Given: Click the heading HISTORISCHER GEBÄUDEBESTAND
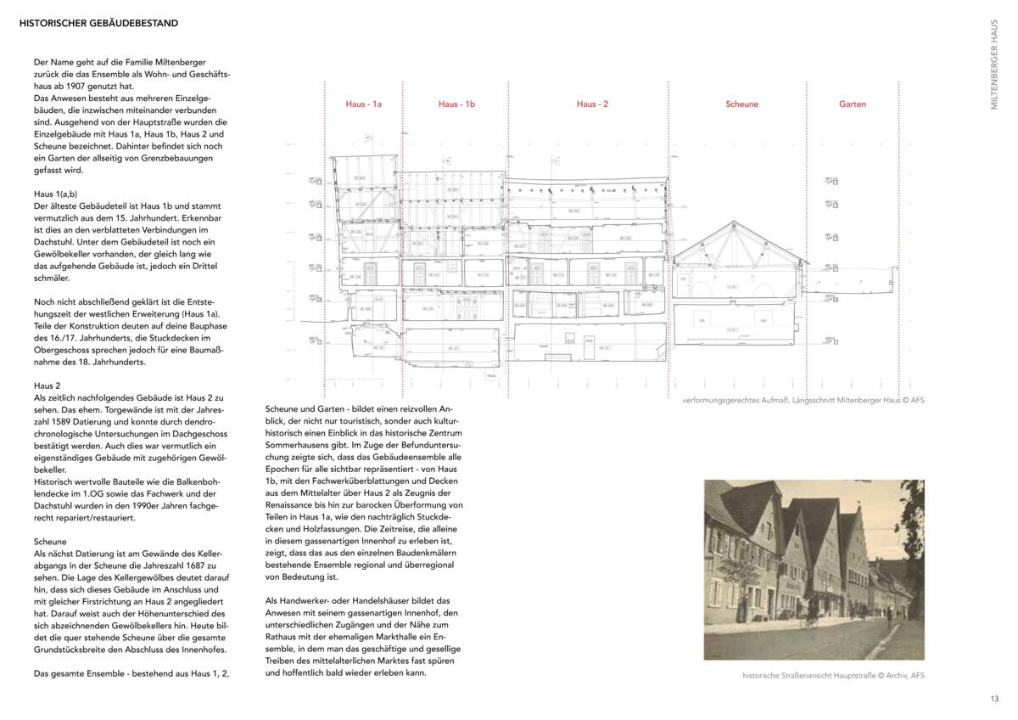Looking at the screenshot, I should pyautogui.click(x=98, y=24).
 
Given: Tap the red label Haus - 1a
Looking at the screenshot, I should pyautogui.click(x=363, y=104).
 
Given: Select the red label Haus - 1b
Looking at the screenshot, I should pyautogui.click(x=456, y=104).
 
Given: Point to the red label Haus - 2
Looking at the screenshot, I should pyautogui.click(x=592, y=104).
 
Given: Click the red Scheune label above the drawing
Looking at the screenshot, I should pyautogui.click(x=741, y=104).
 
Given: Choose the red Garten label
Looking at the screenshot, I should pyautogui.click(x=853, y=104).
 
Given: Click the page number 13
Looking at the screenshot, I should pyautogui.click(x=994, y=699).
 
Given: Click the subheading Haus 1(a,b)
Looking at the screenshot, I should pyautogui.click(x=56, y=194).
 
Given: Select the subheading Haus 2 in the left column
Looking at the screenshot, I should pyautogui.click(x=48, y=385).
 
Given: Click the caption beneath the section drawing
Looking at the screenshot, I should pyautogui.click(x=803, y=399).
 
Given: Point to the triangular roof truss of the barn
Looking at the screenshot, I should pyautogui.click(x=736, y=242).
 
